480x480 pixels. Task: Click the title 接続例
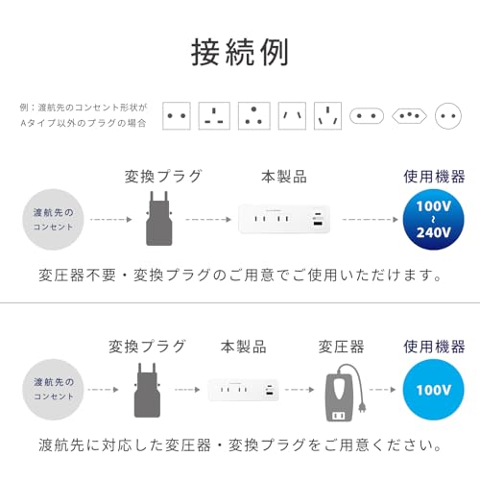[239, 51]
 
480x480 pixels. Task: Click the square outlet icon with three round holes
[253, 116]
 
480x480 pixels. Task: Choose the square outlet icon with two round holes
[178, 116]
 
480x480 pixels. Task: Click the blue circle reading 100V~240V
[434, 218]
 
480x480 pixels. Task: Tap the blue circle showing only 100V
[434, 390]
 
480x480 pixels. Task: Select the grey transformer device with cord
[343, 393]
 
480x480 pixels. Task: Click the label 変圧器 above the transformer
[342, 347]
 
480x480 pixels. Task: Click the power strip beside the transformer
[244, 390]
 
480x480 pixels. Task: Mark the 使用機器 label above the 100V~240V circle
[434, 177]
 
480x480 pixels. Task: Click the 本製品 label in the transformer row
[243, 347]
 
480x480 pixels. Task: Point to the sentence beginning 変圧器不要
[239, 275]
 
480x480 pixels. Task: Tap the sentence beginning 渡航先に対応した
[239, 445]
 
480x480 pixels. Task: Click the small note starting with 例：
[84, 116]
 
